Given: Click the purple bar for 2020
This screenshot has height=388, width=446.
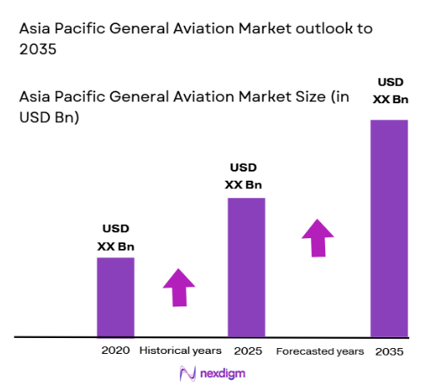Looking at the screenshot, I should tap(115, 296).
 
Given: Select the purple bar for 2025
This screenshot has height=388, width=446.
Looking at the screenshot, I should tap(246, 266).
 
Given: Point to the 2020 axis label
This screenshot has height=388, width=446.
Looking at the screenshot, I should tap(115, 351).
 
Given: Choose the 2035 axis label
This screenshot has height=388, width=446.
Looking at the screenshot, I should tap(388, 351).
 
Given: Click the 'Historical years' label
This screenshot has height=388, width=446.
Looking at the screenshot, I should tap(180, 351).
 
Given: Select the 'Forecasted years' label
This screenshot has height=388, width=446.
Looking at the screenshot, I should tap(319, 351).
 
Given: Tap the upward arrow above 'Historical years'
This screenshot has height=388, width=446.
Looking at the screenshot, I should tap(179, 288).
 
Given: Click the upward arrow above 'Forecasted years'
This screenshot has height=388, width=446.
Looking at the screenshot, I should tap(317, 238).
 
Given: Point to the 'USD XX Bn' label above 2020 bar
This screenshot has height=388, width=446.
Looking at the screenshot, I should tap(116, 237).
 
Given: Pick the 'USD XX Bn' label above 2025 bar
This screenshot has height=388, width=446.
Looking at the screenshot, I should tap(245, 177).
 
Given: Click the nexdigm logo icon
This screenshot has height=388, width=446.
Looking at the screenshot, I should tap(186, 373).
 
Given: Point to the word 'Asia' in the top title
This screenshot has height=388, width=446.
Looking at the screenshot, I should tap(35, 28).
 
